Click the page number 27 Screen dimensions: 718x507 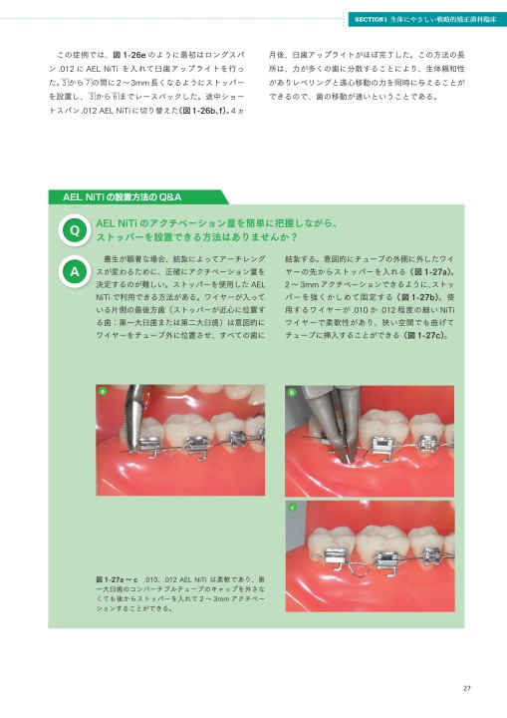pos(466,685)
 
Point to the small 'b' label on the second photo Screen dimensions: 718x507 pos(290,392)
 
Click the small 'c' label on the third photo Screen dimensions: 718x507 pos(290,508)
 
